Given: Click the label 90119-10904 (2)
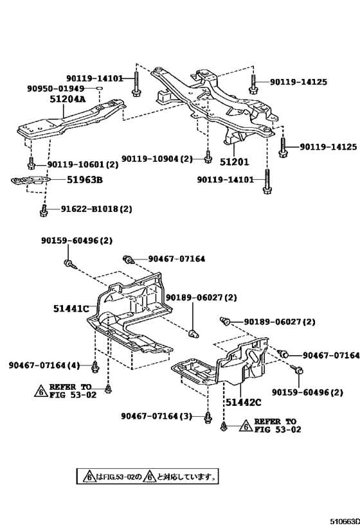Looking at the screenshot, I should pyautogui.click(x=157, y=159).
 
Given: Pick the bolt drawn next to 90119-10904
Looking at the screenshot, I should pyautogui.click(x=208, y=156).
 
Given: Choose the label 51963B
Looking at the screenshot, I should pyautogui.click(x=85, y=180).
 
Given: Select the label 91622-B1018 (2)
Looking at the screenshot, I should pyautogui.click(x=96, y=209).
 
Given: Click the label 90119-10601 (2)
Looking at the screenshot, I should pyautogui.click(x=82, y=163).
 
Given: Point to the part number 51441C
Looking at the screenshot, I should pyautogui.click(x=71, y=309).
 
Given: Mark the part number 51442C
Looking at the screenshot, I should pyautogui.click(x=243, y=402).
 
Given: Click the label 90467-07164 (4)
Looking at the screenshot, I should pyautogui.click(x=44, y=365).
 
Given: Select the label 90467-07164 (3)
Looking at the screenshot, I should pyautogui.click(x=156, y=416).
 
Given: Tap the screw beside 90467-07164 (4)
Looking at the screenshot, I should pyautogui.click(x=95, y=366).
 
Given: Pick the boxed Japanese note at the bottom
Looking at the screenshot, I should pyautogui.click(x=147, y=477).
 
